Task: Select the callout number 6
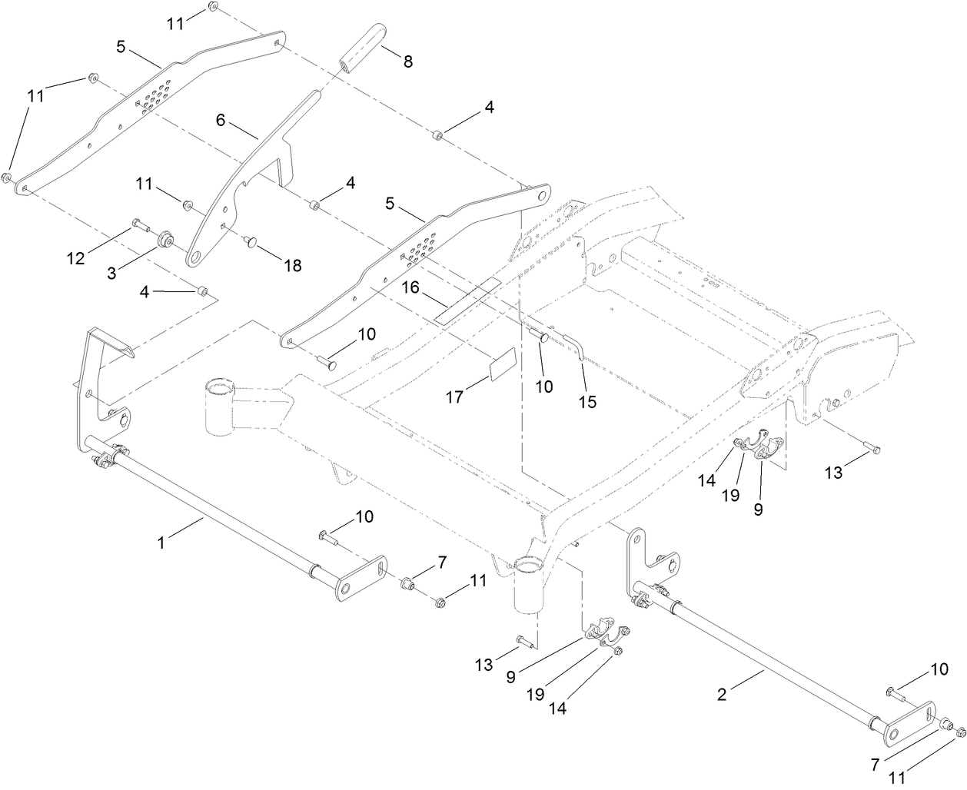click(x=221, y=120)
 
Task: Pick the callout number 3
click(x=112, y=272)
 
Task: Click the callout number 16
click(x=410, y=287)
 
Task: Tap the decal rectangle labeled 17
click(x=503, y=364)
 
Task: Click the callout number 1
click(x=161, y=543)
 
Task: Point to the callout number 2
click(x=721, y=695)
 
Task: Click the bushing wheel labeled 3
click(x=164, y=241)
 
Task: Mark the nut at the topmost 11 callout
click(x=214, y=7)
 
